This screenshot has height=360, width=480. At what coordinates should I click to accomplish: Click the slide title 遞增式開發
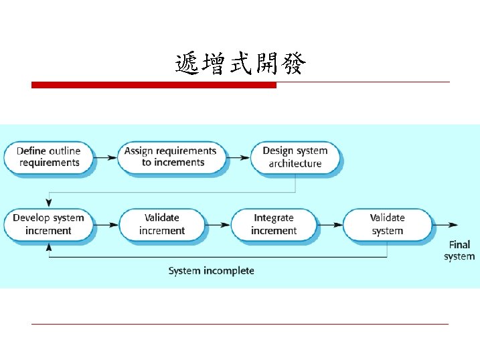[240, 64]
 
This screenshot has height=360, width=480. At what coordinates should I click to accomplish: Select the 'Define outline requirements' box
[48, 157]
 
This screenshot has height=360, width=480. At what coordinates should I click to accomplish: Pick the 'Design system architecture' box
[295, 157]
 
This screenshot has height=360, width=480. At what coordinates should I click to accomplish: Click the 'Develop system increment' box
[48, 224]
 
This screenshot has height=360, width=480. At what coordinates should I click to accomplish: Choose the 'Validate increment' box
[161, 224]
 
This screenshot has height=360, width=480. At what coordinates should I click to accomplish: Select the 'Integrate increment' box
[274, 224]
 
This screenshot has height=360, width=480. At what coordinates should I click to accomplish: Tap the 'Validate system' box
[387, 224]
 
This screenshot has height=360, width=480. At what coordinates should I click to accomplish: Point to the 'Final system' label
[459, 250]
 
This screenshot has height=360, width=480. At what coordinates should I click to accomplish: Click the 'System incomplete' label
[211, 271]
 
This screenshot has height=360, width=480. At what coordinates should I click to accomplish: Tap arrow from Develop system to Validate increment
[105, 225]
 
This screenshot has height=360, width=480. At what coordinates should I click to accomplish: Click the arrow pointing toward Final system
[447, 225]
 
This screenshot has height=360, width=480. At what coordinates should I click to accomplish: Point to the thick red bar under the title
[154, 85]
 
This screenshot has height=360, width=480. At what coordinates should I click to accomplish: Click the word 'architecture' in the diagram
[295, 163]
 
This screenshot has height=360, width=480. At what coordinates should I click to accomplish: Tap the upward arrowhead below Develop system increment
[48, 247]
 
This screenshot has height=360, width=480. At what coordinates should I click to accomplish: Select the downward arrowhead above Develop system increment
[48, 202]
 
